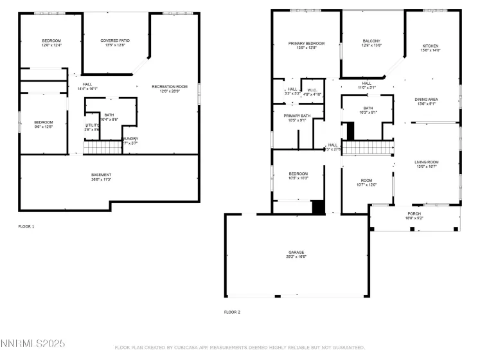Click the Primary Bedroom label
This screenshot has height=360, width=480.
306,43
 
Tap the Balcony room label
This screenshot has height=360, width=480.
371,43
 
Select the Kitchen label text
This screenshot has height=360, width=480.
430,46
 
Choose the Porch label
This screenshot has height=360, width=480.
414,214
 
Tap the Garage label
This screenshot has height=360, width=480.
296,252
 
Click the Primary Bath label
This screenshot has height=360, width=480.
297,115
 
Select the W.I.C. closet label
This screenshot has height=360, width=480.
312,90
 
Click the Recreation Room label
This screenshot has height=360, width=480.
170,86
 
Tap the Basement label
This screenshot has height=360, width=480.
101,175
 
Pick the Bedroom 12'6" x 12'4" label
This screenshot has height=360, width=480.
51,40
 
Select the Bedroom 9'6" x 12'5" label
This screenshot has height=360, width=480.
43,122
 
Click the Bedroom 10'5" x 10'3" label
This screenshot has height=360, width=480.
298,174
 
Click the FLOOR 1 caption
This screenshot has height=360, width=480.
26,226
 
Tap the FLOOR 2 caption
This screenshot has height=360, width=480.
232,312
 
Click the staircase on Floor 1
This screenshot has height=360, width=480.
103,148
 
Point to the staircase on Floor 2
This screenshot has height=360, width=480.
366,148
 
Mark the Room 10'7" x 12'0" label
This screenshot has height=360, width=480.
366,182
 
